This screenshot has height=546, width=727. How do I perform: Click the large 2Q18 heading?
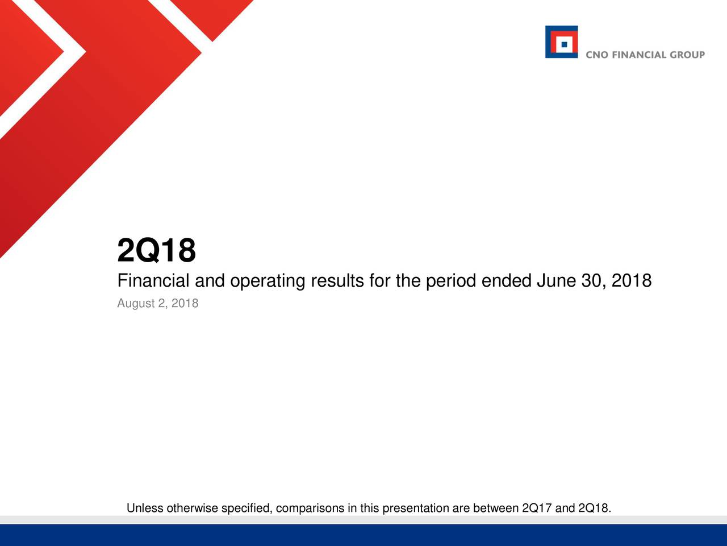(x=156, y=250)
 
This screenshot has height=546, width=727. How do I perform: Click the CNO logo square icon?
(x=561, y=42)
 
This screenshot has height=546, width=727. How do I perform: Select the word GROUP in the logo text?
(x=687, y=55)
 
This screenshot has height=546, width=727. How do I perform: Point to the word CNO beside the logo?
(x=597, y=55)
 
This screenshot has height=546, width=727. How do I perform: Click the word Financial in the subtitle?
(x=153, y=280)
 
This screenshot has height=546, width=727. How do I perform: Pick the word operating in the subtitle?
(x=268, y=282)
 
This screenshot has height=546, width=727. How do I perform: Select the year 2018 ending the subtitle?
(x=632, y=280)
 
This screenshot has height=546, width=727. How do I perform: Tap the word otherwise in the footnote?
(x=193, y=508)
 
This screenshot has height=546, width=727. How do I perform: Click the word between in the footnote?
(x=496, y=508)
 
